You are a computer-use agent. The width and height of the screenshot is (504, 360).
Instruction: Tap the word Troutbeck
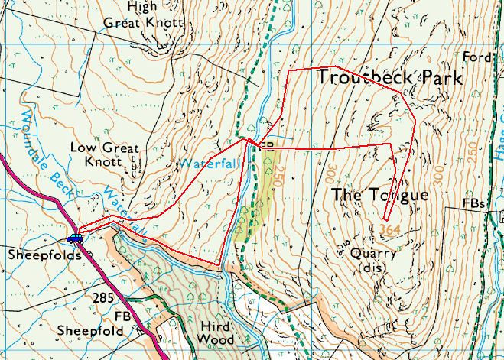(364, 78)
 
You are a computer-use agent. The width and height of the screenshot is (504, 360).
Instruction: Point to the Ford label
(476, 57)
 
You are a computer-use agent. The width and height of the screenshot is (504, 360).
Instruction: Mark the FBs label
(474, 203)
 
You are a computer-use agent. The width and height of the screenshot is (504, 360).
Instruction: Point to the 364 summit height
(389, 229)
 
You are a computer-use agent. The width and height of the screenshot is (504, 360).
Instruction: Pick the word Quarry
(371, 253)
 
